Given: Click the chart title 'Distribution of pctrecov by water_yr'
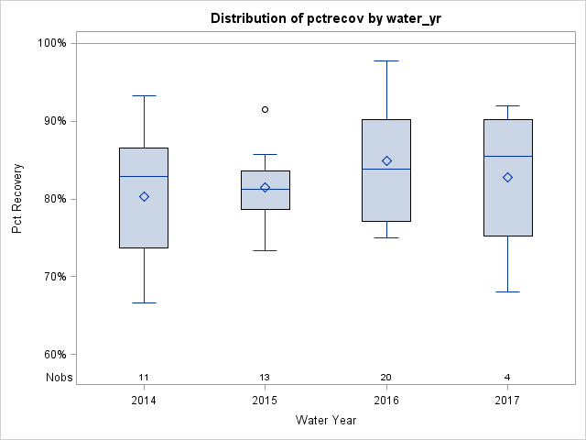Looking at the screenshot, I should [x=325, y=18].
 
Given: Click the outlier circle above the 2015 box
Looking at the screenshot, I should [x=266, y=109].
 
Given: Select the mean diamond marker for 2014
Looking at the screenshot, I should [x=144, y=196].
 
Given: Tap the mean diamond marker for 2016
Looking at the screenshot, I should [x=386, y=160].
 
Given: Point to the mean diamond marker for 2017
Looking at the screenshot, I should [x=507, y=177].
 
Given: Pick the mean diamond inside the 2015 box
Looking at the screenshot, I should [x=266, y=187].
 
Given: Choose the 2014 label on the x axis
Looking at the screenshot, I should [x=144, y=401].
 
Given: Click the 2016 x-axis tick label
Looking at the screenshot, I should [x=386, y=401].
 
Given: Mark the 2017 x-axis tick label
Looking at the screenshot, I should [x=507, y=401].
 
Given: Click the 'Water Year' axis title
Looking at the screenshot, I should [x=325, y=421].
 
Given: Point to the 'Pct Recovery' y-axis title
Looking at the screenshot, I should [x=17, y=199].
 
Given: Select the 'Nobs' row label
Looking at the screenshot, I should [x=59, y=378].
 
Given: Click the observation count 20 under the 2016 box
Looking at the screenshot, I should [x=386, y=378].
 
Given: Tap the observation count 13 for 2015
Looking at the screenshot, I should [x=266, y=378].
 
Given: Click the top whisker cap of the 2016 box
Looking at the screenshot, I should [x=386, y=60].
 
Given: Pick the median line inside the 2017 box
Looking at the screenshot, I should [x=507, y=156].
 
